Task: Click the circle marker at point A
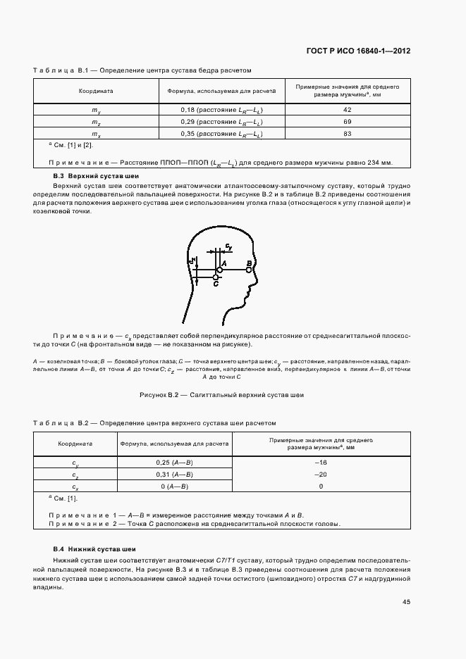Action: [x=220, y=269]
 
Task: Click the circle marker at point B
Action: [x=249, y=269]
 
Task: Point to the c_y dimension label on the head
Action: [x=228, y=246]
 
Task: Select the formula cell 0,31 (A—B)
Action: [x=174, y=475]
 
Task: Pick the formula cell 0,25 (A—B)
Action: [x=174, y=463]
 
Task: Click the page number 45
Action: [x=407, y=601]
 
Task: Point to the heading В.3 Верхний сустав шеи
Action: [x=97, y=175]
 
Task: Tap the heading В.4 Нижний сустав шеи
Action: [x=94, y=548]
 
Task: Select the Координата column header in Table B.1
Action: [x=95, y=91]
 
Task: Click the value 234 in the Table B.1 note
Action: [x=367, y=163]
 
